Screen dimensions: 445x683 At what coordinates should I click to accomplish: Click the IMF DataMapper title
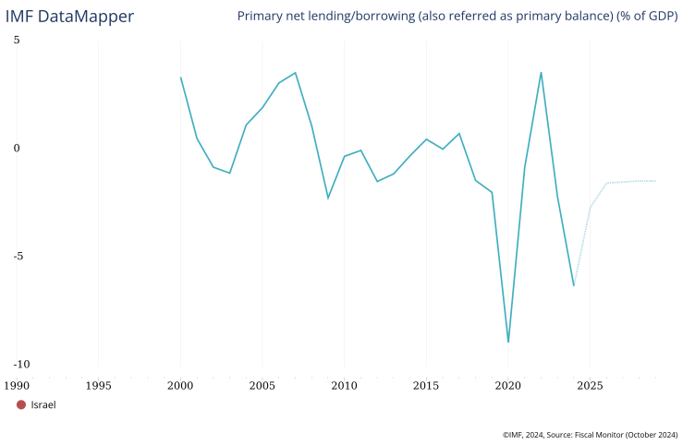click(x=69, y=17)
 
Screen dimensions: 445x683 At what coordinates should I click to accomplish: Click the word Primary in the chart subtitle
click(x=262, y=17)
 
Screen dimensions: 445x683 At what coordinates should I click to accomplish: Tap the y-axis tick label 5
click(x=17, y=41)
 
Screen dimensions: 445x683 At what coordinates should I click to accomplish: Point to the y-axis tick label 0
click(x=17, y=148)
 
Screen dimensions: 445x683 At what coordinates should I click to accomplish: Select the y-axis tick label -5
click(x=15, y=257)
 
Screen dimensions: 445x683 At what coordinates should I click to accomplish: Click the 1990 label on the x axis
click(x=17, y=384)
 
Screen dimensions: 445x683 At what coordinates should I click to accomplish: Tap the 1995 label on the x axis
click(x=99, y=384)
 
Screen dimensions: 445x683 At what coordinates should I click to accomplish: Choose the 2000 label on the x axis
click(x=180, y=384)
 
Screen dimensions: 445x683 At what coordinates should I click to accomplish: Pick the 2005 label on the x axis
click(x=262, y=384)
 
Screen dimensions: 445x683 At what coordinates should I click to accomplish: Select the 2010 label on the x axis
click(x=344, y=384)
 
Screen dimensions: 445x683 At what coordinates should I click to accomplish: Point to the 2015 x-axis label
click(x=426, y=384)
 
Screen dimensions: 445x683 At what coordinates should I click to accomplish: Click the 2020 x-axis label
click(x=507, y=384)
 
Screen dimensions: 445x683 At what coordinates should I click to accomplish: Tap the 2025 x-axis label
click(x=590, y=384)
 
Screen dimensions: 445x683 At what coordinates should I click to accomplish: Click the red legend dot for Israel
click(x=21, y=404)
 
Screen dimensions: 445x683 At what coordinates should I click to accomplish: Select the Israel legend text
click(x=43, y=404)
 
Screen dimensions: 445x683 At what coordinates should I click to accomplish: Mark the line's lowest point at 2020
click(x=508, y=342)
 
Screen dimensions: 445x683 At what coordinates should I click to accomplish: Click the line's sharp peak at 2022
click(x=541, y=73)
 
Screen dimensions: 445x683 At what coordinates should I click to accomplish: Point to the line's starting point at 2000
click(x=180, y=78)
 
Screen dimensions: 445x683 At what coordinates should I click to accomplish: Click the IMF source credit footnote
click(x=590, y=434)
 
